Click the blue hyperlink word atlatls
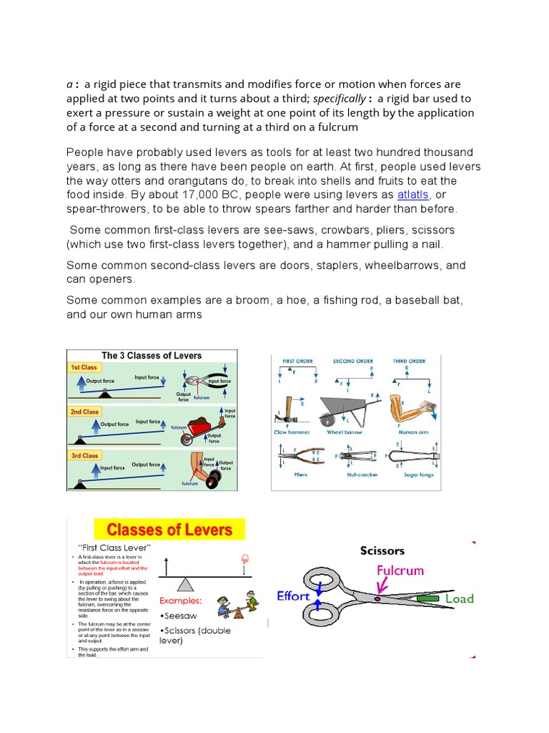(414, 195)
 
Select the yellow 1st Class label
(84, 367)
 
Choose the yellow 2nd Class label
(84, 412)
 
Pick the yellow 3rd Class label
(84, 455)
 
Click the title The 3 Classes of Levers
(152, 355)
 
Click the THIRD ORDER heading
(410, 361)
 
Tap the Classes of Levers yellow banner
(169, 530)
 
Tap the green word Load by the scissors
(459, 598)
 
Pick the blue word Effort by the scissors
(293, 596)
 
